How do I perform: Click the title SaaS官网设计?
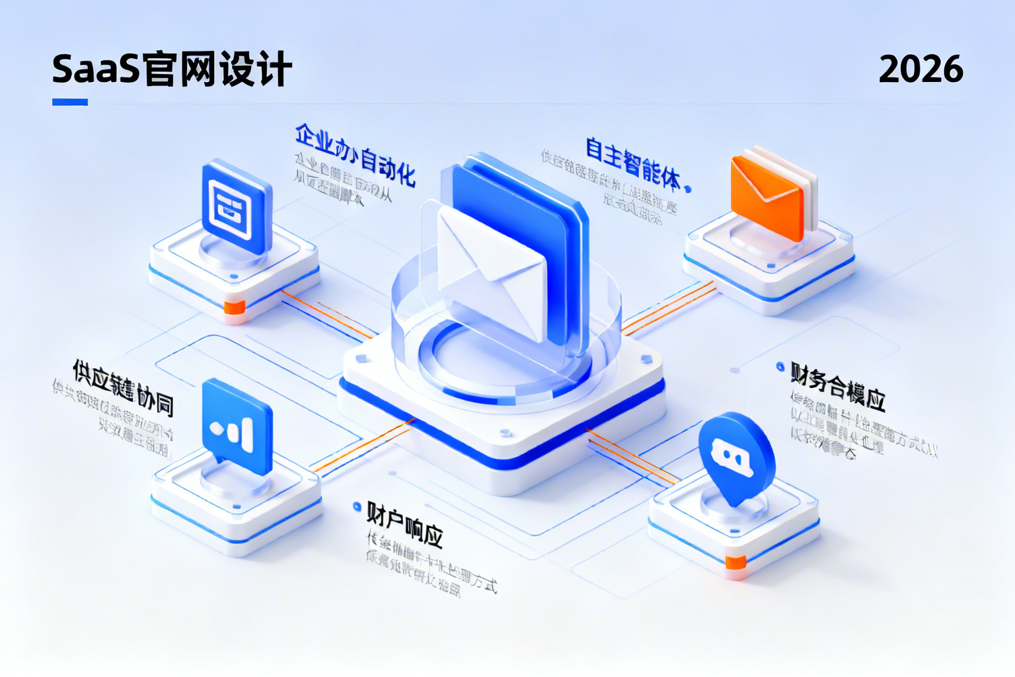tap(172, 69)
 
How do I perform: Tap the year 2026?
tap(921, 69)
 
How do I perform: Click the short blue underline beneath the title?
tap(70, 102)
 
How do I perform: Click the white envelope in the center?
tap(492, 271)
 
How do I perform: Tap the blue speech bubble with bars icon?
tap(237, 426)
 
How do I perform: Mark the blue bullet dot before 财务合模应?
tap(780, 366)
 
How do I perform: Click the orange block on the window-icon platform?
tap(235, 307)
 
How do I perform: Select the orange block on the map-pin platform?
tap(735, 563)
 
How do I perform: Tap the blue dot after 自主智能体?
tap(688, 189)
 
